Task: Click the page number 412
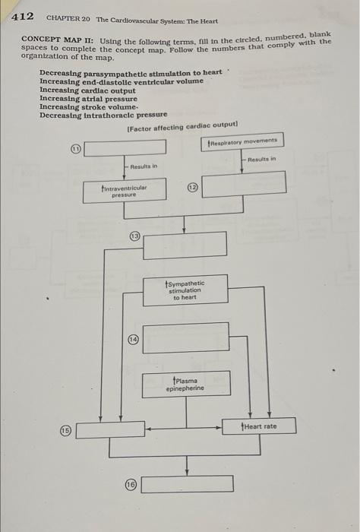(22, 15)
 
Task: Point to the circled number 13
(134, 236)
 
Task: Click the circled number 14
(133, 339)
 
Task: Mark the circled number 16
(131, 484)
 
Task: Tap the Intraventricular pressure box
(125, 191)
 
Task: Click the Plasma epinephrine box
(185, 384)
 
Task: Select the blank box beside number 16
(187, 483)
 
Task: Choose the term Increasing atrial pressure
(88, 99)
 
